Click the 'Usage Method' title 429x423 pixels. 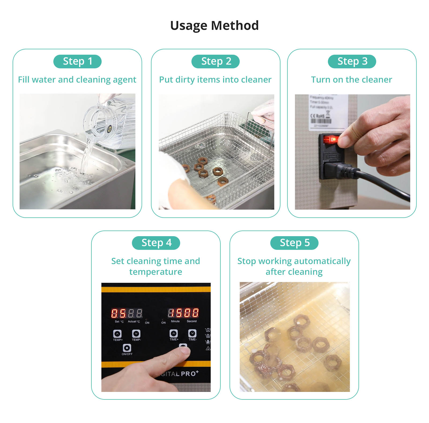[214, 26]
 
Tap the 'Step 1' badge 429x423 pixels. [77, 61]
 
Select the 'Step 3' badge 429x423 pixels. [352, 61]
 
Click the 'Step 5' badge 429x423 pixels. [294, 243]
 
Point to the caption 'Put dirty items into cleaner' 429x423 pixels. [215, 80]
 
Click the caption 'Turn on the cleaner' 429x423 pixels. [351, 80]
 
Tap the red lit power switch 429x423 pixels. [331, 139]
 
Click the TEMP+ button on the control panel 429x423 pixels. [117, 334]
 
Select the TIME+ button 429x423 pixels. [174, 333]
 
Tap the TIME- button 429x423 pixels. [192, 333]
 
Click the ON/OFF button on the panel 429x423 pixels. [127, 348]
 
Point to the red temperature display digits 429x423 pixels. [127, 313]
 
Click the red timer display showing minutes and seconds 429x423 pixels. [183, 313]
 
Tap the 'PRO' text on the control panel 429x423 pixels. [189, 373]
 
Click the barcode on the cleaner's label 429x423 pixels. [321, 121]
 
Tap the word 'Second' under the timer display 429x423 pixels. [191, 321]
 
